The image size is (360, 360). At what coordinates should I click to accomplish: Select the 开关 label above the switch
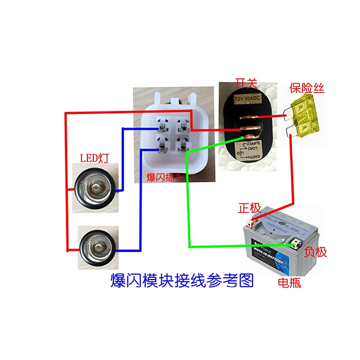point(246,83)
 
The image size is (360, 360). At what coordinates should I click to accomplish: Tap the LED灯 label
point(95,158)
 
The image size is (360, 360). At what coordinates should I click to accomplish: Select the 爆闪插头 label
point(166,178)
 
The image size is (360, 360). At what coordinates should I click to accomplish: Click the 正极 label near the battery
point(249,208)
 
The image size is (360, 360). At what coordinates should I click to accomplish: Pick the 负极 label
point(315,252)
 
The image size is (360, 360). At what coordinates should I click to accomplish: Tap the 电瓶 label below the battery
point(289,283)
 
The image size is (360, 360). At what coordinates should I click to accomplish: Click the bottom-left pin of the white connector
point(162,146)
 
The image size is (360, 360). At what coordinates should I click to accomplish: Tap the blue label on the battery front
point(269,258)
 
